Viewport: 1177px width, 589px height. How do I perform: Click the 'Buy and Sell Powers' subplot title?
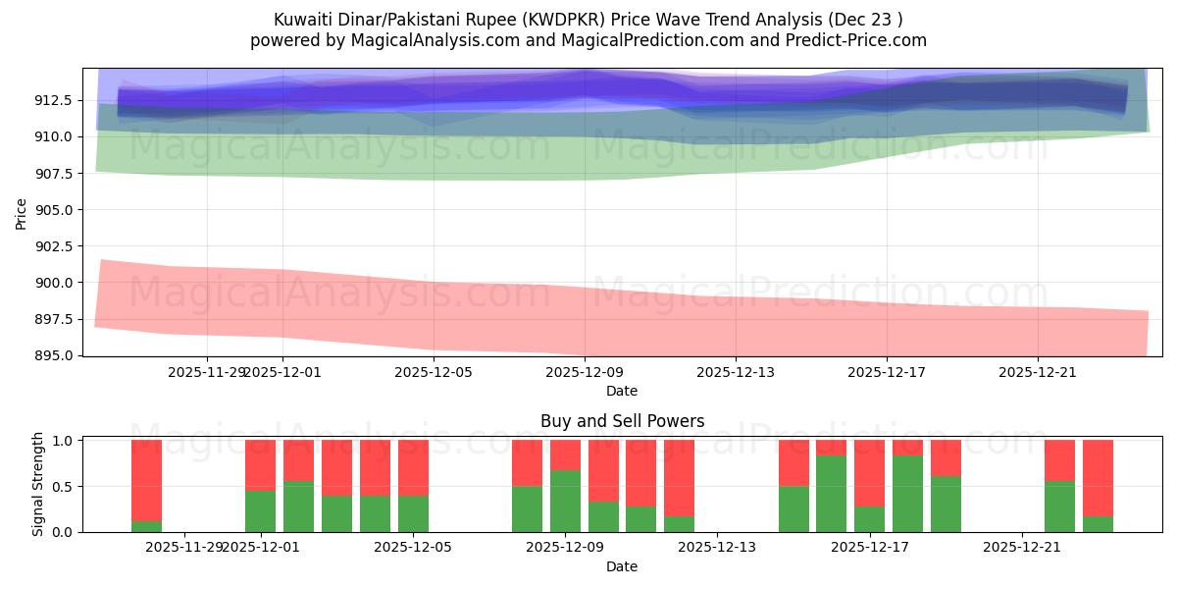tap(622, 421)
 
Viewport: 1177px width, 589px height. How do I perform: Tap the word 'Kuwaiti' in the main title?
tap(301, 19)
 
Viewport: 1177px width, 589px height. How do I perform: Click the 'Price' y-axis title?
tap(22, 212)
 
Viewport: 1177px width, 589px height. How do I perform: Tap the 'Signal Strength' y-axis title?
tap(38, 484)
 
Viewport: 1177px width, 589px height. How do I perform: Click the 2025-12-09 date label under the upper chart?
tap(585, 372)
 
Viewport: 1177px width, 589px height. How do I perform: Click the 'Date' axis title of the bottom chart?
tap(622, 566)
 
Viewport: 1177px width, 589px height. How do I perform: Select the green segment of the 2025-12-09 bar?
tap(565, 501)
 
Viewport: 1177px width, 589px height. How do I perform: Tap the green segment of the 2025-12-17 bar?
tap(869, 518)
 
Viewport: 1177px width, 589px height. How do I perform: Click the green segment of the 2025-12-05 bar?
tap(413, 513)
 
